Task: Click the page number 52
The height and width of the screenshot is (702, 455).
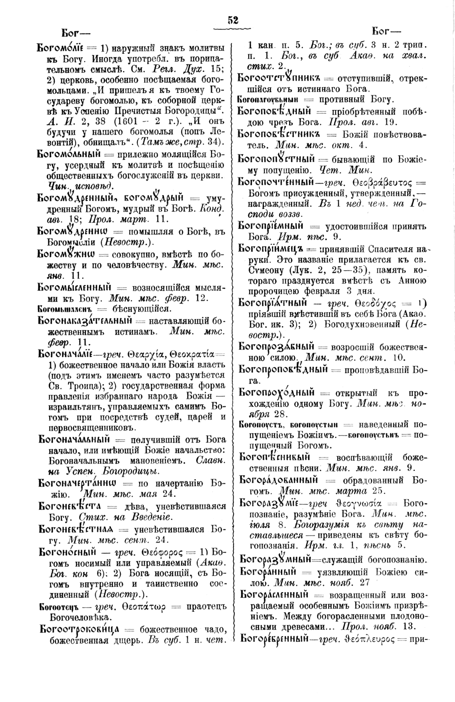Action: [x=233, y=20]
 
